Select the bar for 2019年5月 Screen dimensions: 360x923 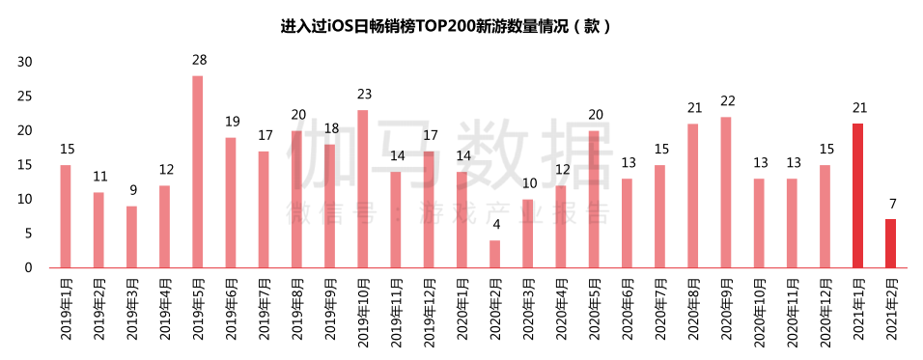pyautogui.click(x=198, y=172)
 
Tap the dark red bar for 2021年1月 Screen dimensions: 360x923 pyautogui.click(x=857, y=195)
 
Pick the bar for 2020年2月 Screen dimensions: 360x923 pyautogui.click(x=494, y=254)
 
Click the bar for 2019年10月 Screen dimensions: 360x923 pyautogui.click(x=362, y=189)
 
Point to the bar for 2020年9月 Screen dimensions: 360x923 pyautogui.click(x=725, y=192)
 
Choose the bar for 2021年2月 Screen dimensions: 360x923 pyautogui.click(x=890, y=243)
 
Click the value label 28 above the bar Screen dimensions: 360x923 pyautogui.click(x=198, y=61)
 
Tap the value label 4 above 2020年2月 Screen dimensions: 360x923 pyautogui.click(x=494, y=225)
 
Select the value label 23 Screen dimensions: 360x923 pyautogui.click(x=362, y=95)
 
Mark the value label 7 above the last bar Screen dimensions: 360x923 pyautogui.click(x=890, y=205)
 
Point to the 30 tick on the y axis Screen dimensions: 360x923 pyautogui.click(x=25, y=62)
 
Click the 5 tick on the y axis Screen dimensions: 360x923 pyautogui.click(x=29, y=233)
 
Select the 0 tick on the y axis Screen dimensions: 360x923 pyautogui.click(x=29, y=267)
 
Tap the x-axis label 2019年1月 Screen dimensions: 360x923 pyautogui.click(x=67, y=309)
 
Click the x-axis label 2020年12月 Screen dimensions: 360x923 pyautogui.click(x=825, y=312)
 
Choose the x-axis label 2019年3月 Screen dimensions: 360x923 pyautogui.click(x=132, y=309)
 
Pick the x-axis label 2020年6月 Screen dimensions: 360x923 pyautogui.click(x=627, y=309)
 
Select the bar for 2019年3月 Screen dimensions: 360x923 pyautogui.click(x=132, y=236)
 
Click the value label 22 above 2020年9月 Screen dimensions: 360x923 pyautogui.click(x=725, y=101)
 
